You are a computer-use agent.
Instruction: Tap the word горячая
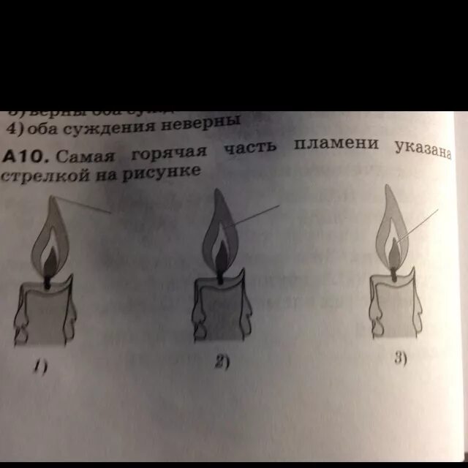170,152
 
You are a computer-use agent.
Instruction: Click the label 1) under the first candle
42,369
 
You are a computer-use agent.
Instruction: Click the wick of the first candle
48,279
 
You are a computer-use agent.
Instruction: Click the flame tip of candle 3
390,189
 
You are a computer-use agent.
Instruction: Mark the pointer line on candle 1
84,205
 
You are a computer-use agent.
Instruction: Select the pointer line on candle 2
252,218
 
